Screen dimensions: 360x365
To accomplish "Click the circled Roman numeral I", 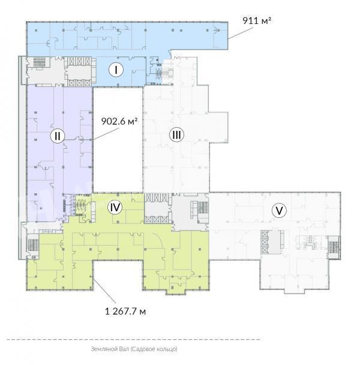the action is click(x=116, y=70).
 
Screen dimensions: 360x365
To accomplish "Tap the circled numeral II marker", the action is click(x=58, y=136).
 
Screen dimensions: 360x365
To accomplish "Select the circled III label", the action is click(x=176, y=134).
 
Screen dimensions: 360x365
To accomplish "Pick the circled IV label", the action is click(x=115, y=207).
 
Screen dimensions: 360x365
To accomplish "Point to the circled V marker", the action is click(x=279, y=211).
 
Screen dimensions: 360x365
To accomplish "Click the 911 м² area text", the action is click(x=256, y=20).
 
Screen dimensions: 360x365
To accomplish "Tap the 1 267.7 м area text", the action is click(x=125, y=311).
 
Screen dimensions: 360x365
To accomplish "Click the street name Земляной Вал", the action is click(x=110, y=349).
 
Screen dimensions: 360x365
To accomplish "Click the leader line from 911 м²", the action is click(x=240, y=34).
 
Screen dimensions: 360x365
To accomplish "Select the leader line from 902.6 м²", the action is click(x=104, y=133).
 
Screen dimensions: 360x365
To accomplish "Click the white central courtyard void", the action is click(x=118, y=139).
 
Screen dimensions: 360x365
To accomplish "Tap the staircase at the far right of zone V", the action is click(x=333, y=247).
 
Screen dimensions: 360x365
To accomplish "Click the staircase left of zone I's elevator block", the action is click(x=39, y=62).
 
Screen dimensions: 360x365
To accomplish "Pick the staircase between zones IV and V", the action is click(x=203, y=207).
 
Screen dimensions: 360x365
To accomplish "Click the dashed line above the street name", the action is click(x=133, y=340).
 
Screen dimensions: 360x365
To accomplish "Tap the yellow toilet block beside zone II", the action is click(x=81, y=205).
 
